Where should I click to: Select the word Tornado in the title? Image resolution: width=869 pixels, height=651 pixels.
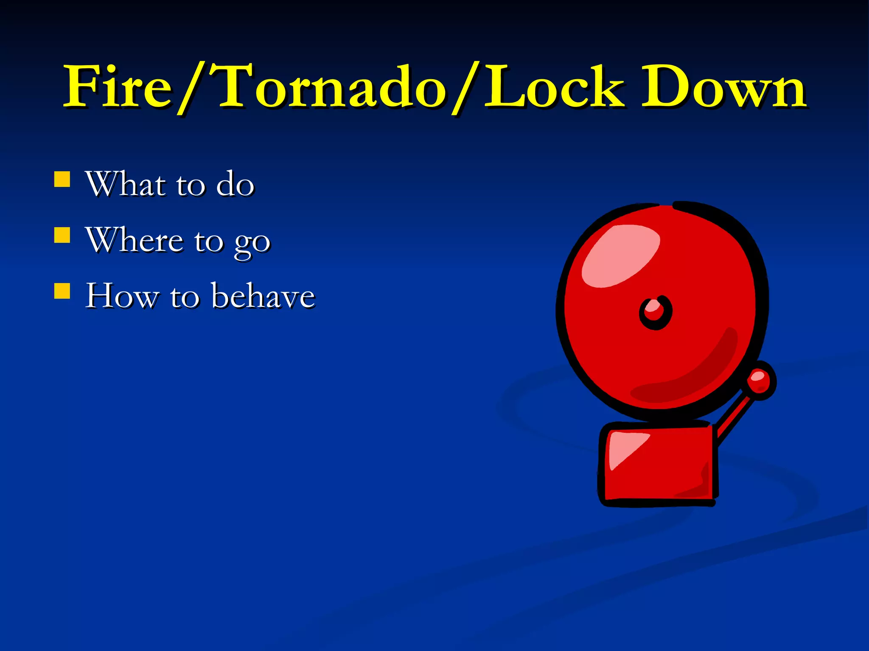tap(331, 87)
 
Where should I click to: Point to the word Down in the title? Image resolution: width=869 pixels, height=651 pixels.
tap(723, 87)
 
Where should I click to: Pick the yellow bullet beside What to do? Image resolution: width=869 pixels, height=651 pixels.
tap(62, 179)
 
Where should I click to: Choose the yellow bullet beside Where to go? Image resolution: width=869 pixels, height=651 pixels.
tap(62, 235)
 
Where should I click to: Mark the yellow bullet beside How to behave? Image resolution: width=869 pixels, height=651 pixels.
tap(62, 291)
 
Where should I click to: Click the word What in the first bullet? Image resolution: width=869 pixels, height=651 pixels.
tap(126, 184)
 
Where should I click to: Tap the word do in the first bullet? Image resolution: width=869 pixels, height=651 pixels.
tap(235, 185)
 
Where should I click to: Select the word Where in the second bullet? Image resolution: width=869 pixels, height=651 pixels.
tap(135, 240)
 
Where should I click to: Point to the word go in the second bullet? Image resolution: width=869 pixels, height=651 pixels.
tap(252, 243)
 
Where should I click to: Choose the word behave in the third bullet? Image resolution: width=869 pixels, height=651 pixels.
tap(263, 295)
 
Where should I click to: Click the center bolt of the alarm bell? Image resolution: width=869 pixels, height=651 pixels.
tap(655, 312)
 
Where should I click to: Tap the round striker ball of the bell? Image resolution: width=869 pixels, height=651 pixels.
tap(760, 379)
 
